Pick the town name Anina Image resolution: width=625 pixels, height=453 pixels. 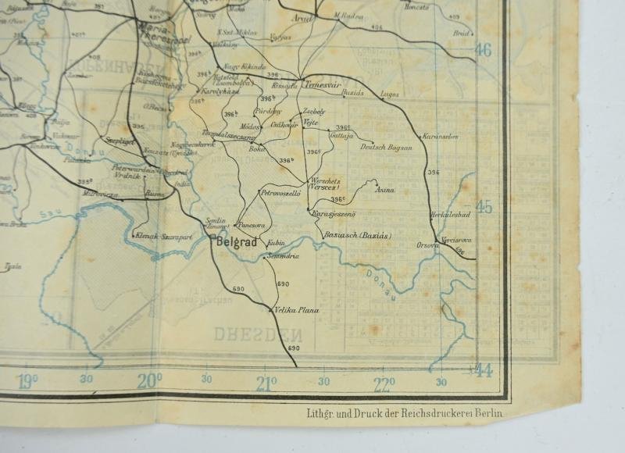pos(385,190)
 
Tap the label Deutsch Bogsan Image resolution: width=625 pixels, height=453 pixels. pos(387,148)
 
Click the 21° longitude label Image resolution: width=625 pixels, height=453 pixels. pos(266,383)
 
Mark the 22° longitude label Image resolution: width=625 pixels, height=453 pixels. pos(384,383)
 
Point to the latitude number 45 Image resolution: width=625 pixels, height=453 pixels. pos(484,208)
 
